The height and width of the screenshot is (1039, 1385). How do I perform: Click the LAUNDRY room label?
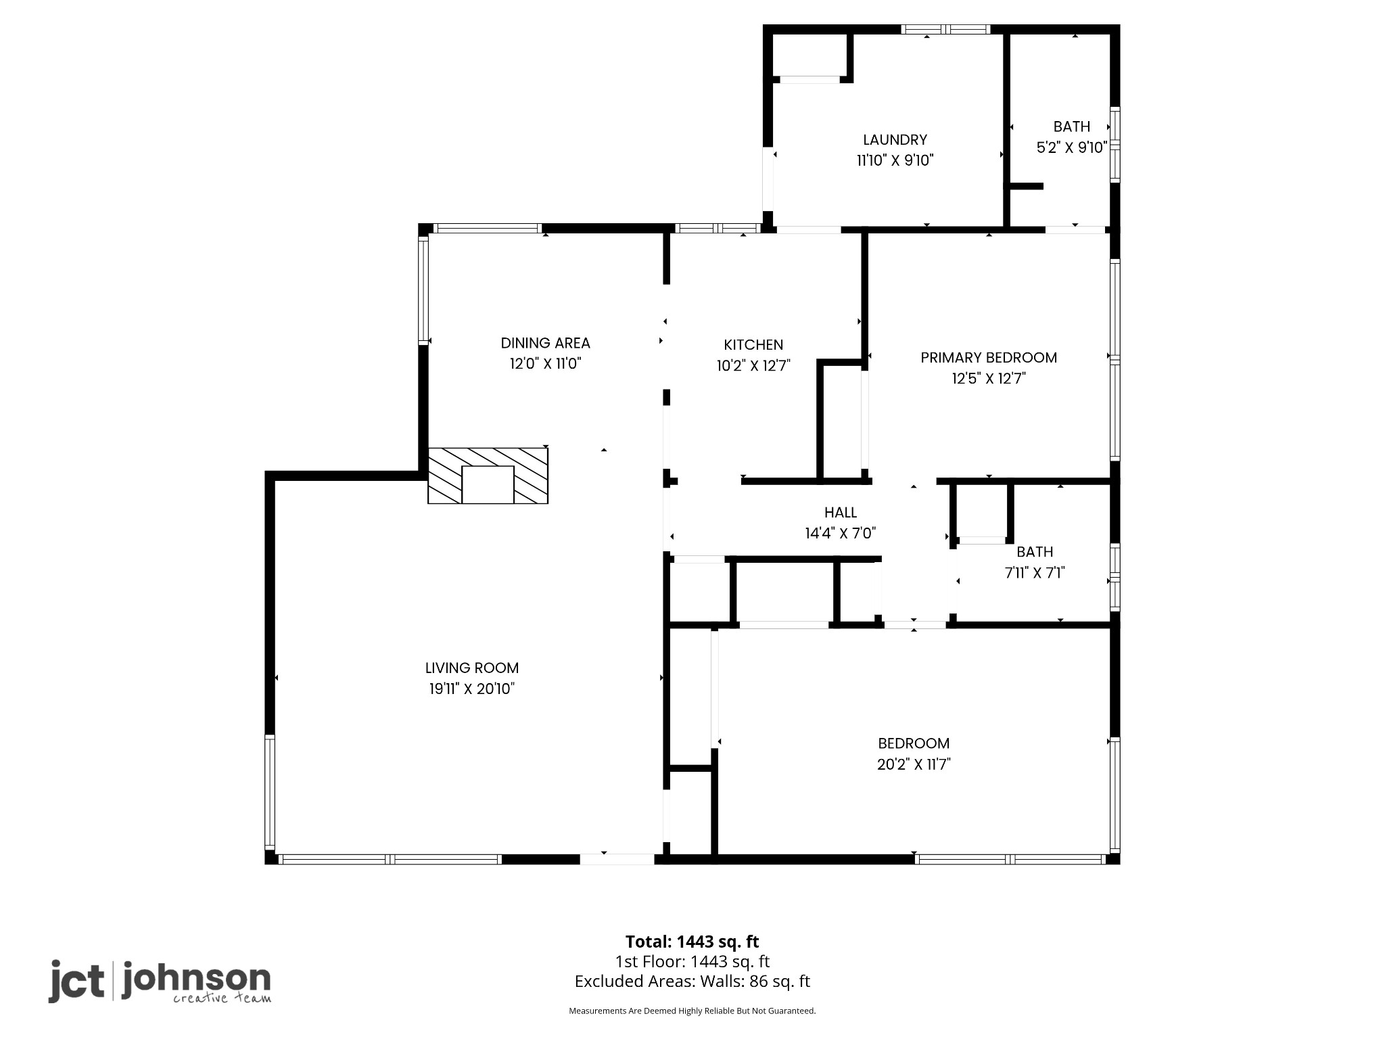pyautogui.click(x=895, y=140)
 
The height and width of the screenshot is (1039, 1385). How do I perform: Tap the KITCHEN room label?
pyautogui.click(x=753, y=345)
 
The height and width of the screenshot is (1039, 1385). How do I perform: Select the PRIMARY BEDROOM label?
pyautogui.click(x=989, y=357)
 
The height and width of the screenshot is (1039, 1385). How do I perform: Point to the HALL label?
pyautogui.click(x=841, y=513)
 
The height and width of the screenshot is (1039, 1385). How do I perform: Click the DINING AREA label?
pyautogui.click(x=545, y=343)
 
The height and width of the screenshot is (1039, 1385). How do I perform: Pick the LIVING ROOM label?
pyautogui.click(x=472, y=668)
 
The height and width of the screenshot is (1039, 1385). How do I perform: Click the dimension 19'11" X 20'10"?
pyautogui.click(x=472, y=689)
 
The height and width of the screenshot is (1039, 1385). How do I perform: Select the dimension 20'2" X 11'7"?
pyautogui.click(x=914, y=764)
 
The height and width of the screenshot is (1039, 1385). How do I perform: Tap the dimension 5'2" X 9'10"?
pyautogui.click(x=1072, y=147)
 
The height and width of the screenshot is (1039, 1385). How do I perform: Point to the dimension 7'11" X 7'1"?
pyautogui.click(x=1035, y=573)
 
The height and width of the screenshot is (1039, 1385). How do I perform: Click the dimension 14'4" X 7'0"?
pyautogui.click(x=841, y=533)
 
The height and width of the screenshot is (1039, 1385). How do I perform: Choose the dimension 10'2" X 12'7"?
pyautogui.click(x=753, y=366)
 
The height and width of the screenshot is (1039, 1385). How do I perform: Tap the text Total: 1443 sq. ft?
pyautogui.click(x=692, y=942)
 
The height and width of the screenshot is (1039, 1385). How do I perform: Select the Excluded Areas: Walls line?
pyautogui.click(x=692, y=982)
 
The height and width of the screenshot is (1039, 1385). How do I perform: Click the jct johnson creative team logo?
pyautogui.click(x=160, y=982)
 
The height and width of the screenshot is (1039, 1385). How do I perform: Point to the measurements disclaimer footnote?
pyautogui.click(x=692, y=1030)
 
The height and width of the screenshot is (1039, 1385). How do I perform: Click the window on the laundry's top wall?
pyautogui.click(x=945, y=29)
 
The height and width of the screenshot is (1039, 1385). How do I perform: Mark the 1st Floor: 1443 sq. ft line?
pyautogui.click(x=692, y=961)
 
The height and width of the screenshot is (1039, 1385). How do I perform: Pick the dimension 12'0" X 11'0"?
pyautogui.click(x=545, y=364)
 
